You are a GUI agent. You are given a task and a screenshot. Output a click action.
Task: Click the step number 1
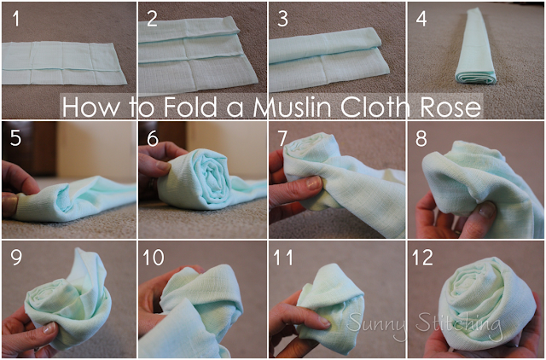[x=15, y=19]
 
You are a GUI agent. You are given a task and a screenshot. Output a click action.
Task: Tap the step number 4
[x=421, y=19]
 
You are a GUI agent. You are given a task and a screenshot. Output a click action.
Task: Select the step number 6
[x=153, y=138]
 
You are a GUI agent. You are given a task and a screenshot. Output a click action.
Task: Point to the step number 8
[x=421, y=138]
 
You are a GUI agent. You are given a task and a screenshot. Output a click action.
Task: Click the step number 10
[x=154, y=258]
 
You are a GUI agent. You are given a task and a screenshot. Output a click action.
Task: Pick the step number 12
[x=422, y=258]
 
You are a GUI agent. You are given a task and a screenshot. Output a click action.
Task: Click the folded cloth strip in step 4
[x=475, y=47]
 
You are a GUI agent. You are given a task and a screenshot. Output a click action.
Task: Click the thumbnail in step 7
[x=314, y=183]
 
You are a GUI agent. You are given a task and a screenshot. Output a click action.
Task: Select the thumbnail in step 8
[x=486, y=209]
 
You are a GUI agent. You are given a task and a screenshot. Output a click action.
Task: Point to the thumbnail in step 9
[x=49, y=328]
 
